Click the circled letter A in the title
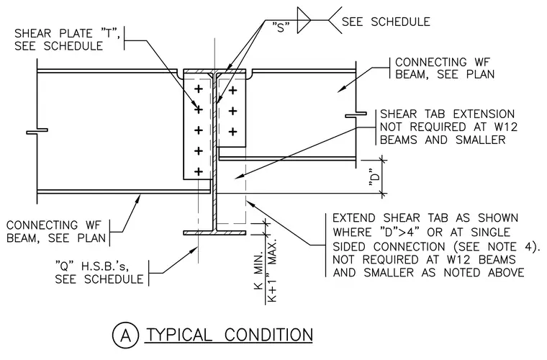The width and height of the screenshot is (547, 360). click(125, 336)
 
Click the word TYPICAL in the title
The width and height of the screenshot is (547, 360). click(179, 335)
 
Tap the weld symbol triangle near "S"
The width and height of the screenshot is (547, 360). click(304, 20)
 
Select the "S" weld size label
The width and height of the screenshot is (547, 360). click(281, 27)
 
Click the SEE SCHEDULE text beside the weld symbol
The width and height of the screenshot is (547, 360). click(386, 22)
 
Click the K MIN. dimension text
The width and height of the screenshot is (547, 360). click(258, 272)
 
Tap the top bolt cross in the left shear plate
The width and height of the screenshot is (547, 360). click(198, 89)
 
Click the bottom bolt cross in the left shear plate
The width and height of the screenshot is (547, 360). click(198, 171)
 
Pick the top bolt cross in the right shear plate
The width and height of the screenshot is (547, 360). click(232, 91)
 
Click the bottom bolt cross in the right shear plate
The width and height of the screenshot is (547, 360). click(232, 132)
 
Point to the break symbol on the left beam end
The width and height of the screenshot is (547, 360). click(37, 131)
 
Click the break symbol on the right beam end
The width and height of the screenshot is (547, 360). click(356, 114)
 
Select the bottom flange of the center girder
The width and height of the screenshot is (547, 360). click(214, 233)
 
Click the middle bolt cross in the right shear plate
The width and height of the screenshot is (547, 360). click(232, 112)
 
